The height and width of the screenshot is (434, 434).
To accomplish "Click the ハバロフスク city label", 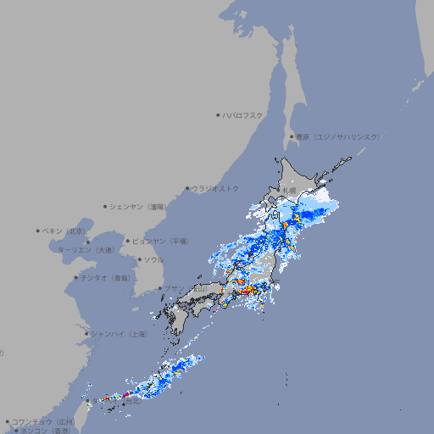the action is (x=243, y=114).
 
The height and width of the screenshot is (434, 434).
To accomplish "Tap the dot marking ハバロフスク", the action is (x=218, y=114).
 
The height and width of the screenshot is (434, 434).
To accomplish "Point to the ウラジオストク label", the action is (x=215, y=188).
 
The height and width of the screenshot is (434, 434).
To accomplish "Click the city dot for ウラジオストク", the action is (x=187, y=188).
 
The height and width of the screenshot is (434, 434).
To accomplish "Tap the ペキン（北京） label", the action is (x=65, y=231).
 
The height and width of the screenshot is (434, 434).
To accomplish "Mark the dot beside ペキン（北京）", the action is (x=38, y=231).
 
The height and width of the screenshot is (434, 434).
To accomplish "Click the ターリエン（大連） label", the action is (x=86, y=250).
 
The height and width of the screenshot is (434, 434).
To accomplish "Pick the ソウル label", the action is (x=153, y=259).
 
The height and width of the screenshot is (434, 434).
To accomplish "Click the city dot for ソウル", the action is (x=138, y=259).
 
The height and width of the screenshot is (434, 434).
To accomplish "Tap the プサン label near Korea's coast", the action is (x=174, y=289).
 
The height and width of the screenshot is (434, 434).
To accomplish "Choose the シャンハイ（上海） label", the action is (x=119, y=334).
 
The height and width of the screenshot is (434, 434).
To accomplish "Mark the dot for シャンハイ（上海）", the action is (x=86, y=334).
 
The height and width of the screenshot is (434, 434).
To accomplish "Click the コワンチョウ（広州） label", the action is (x=43, y=421).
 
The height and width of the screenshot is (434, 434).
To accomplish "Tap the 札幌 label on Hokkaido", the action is (x=291, y=191).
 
